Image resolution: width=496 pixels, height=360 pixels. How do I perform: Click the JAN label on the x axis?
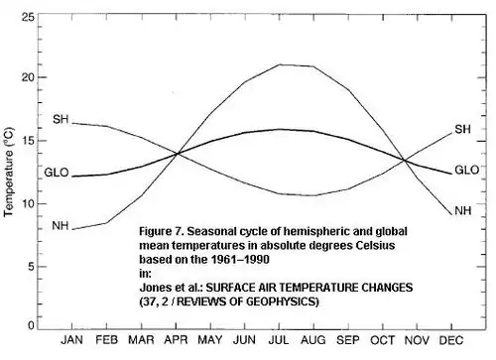point(71,340)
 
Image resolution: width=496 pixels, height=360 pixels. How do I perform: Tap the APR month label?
point(176,340)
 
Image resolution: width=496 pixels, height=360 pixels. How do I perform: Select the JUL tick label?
point(279,340)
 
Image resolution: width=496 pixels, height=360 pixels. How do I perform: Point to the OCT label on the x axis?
point(382,340)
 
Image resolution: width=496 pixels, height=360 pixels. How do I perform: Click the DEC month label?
point(451,340)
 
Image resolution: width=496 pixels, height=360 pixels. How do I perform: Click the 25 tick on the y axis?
point(28,17)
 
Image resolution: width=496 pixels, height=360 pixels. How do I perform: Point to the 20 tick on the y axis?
point(28,77)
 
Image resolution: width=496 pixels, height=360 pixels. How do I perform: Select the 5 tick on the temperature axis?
point(31,267)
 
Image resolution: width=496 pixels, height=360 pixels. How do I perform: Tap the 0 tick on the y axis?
point(31,325)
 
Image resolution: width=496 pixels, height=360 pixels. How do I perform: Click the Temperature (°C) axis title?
point(9,172)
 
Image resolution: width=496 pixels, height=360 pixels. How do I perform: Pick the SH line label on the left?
point(61,119)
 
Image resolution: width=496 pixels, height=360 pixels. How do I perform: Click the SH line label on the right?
point(462,129)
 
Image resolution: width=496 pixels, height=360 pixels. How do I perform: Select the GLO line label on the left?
point(57,173)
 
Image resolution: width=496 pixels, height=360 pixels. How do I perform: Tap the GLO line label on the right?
point(467,170)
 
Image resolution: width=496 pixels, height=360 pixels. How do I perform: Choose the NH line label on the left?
point(61,226)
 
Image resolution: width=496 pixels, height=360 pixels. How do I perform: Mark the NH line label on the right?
point(463,210)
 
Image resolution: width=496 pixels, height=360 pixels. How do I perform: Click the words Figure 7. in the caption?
point(162,231)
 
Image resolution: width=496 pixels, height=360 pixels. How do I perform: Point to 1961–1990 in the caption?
point(240,259)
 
